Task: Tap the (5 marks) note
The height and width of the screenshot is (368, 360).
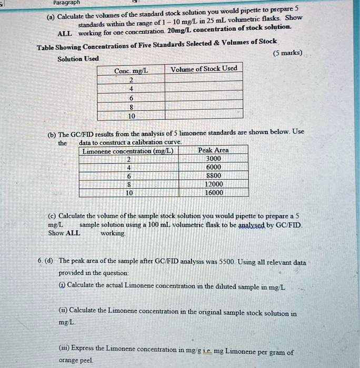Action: click(x=288, y=53)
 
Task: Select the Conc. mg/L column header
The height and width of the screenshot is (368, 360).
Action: click(x=131, y=71)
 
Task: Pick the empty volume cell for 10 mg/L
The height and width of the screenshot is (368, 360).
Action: click(x=204, y=115)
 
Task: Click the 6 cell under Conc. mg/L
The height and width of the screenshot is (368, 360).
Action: click(x=131, y=98)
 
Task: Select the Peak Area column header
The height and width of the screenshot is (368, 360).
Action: click(x=213, y=150)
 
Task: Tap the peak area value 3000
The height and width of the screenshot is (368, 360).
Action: click(x=213, y=159)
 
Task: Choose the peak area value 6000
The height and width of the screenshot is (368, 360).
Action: click(x=213, y=167)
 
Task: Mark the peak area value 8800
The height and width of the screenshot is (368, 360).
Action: click(x=213, y=176)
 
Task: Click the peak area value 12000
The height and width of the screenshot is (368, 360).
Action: click(x=213, y=184)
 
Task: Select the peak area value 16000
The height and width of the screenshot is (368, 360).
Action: click(x=213, y=192)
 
